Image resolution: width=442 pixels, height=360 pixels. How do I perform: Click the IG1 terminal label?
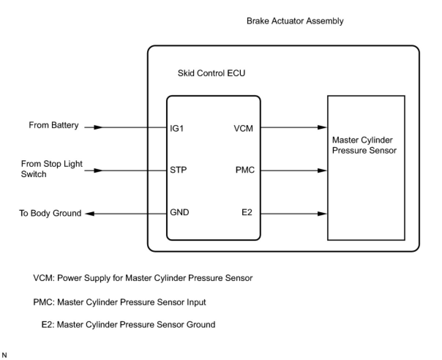tap(176, 128)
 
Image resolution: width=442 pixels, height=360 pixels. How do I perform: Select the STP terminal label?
tap(178, 170)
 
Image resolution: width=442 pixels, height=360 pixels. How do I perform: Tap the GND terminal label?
tap(179, 212)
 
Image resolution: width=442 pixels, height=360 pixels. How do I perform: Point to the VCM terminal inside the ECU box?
tap(243, 128)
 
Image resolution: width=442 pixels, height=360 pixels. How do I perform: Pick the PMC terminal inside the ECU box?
tap(245, 170)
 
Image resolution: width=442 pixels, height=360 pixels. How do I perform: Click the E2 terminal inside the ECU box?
tap(247, 212)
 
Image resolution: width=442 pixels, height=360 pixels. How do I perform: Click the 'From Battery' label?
tap(54, 125)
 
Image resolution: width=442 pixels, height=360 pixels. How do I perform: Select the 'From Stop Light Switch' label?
tap(52, 169)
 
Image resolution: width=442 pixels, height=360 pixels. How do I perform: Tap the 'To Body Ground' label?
tap(50, 213)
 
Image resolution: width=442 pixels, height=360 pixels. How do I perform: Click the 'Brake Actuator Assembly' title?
tap(295, 21)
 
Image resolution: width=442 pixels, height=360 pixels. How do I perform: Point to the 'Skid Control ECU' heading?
tap(211, 73)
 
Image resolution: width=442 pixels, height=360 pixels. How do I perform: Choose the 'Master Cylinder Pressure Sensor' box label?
tap(364, 145)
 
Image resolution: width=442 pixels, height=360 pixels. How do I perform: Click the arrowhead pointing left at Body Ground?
tap(89, 214)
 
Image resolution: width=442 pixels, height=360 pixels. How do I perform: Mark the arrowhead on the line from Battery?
tap(98, 127)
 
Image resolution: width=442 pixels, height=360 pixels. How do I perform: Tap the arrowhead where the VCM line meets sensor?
tap(322, 127)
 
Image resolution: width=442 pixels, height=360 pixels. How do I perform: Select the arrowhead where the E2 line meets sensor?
tap(322, 214)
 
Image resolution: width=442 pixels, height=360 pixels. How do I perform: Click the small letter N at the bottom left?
tap(4, 355)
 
